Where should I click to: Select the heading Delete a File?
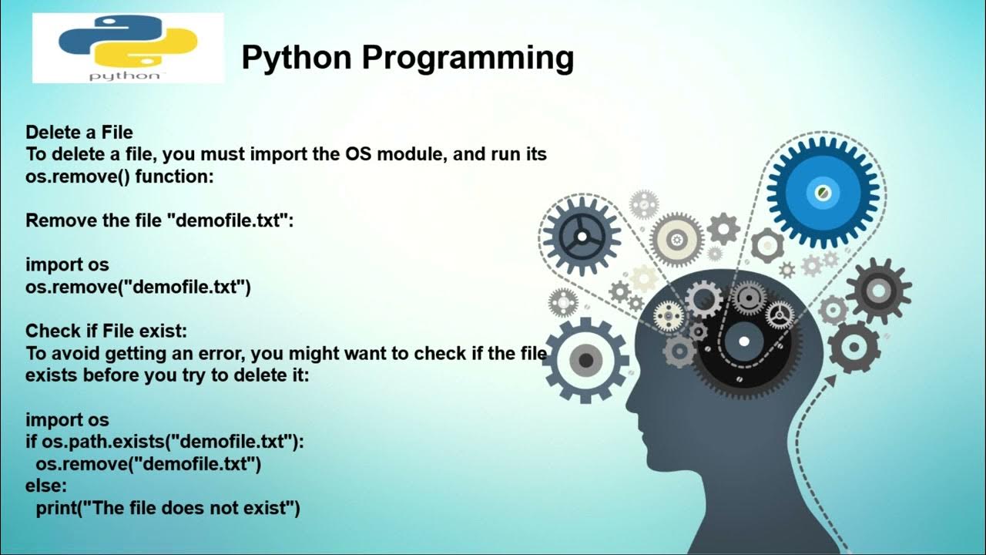point(79,133)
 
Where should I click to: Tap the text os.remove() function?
point(119,176)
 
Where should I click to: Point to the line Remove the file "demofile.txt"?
point(160,220)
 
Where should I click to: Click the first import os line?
point(67,264)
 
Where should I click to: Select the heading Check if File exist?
point(106,331)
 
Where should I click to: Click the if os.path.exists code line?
point(165,442)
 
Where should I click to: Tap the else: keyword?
point(46,486)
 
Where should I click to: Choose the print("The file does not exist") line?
point(167,509)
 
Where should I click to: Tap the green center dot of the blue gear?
point(822,190)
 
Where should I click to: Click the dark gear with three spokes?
point(581,235)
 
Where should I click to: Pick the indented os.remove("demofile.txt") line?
point(148,464)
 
